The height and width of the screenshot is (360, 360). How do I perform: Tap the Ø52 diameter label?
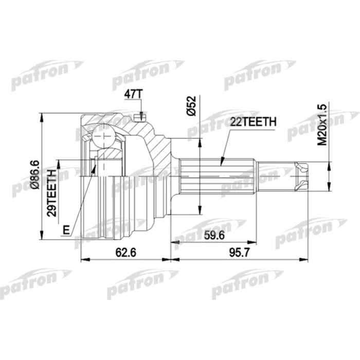[191, 106]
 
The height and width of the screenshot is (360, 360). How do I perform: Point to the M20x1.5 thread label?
[322, 124]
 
